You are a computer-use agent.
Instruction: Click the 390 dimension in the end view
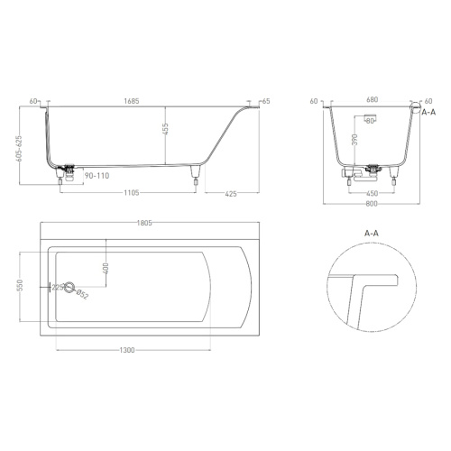[x=355, y=143]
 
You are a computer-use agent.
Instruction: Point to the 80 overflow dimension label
[x=370, y=120]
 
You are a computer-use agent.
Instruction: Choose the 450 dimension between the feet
[x=372, y=193]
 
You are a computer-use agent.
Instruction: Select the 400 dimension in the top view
[x=106, y=269]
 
